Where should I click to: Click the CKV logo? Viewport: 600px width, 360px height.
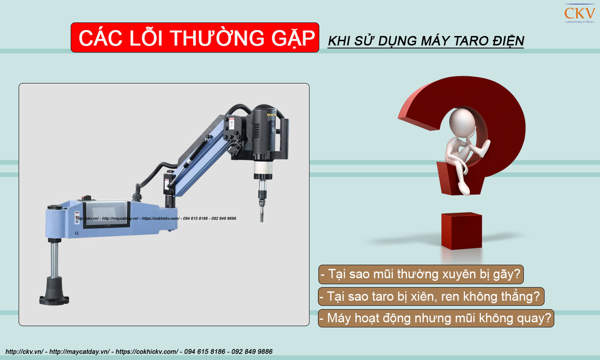(x=579, y=14)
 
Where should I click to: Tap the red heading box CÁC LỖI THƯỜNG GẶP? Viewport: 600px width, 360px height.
(x=195, y=38)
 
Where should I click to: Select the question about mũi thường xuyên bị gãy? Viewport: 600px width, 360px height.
(x=421, y=274)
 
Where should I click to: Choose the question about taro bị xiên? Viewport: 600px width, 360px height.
(x=431, y=296)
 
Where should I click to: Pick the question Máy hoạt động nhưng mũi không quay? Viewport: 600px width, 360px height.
(x=436, y=318)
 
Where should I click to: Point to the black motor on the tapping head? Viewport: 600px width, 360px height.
(x=265, y=127)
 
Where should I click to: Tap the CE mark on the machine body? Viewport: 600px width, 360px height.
(x=77, y=233)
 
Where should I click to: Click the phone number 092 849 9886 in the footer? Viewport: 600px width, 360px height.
(x=252, y=352)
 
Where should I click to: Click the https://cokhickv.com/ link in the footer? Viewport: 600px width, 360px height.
(x=147, y=352)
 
